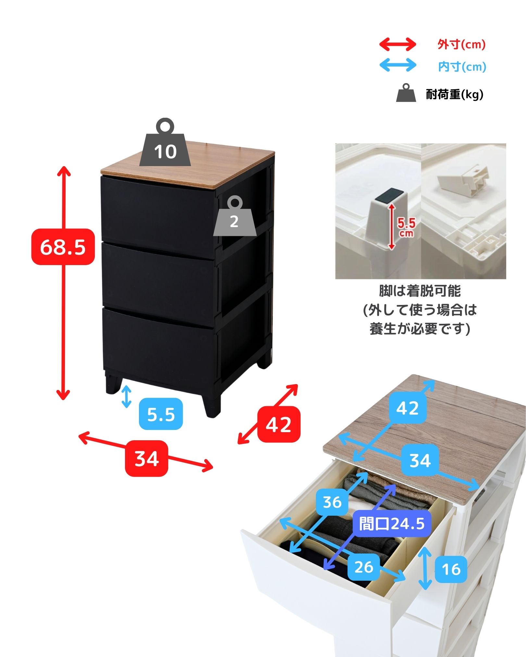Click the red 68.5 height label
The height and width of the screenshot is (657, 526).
coord(63,247)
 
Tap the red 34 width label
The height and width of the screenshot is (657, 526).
coord(146,458)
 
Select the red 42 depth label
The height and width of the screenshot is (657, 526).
coord(279,424)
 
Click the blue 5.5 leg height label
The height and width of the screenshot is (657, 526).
coord(161,414)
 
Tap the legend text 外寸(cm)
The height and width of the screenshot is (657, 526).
coord(461,44)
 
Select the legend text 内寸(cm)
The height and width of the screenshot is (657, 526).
coord(462,67)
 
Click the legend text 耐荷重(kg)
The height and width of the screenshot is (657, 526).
coord(455,94)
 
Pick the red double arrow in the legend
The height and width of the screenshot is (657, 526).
coord(398,44)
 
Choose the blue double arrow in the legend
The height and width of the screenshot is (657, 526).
coord(398,65)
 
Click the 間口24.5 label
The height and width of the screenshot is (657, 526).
coord(392,524)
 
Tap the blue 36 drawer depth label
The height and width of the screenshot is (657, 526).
coord(332,502)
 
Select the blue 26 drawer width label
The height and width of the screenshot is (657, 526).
coord(364,567)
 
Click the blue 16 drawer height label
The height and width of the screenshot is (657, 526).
coord(451,569)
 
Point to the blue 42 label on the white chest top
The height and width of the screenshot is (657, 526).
coord(407,408)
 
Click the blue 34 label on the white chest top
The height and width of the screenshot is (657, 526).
coord(420,460)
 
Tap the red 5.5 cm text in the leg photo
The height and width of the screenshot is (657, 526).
coord(406,227)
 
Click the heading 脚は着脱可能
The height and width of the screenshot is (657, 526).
coord(420,291)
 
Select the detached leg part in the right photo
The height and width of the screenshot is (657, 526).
coord(464,180)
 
